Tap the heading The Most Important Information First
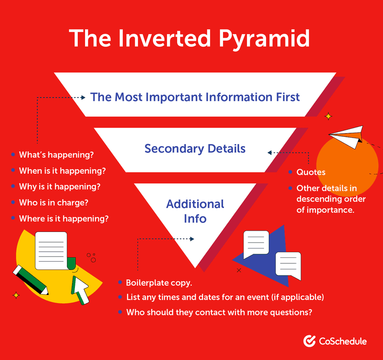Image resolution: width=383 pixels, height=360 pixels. tap(195, 97)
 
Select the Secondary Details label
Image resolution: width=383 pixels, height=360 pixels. tap(195, 149)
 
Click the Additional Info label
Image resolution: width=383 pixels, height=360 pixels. tap(195, 211)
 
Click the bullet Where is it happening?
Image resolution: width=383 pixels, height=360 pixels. tap(64, 218)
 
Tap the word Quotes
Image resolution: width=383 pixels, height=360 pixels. tap(311, 172)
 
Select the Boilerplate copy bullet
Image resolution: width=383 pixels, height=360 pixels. tap(159, 282)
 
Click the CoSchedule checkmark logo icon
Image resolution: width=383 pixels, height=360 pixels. tap(309, 341)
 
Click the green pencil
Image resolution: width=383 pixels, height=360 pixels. tap(31, 279)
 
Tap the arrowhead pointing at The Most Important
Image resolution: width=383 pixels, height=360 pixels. tap(83, 98)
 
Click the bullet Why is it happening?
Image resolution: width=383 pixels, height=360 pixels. tap(60, 187)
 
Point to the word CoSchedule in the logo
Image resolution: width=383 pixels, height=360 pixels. tap(342, 342)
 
